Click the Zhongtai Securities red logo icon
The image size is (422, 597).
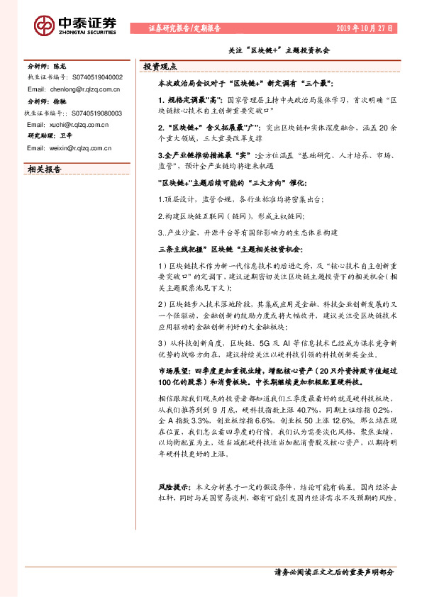[44, 25]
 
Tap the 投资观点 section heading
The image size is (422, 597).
[160, 66]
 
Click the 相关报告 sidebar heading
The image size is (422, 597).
[44, 169]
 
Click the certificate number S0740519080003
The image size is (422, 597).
[97, 113]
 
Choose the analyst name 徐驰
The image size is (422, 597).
[60, 101]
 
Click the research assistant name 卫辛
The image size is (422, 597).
[67, 136]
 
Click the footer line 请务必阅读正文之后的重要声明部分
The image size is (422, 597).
[333, 571]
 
